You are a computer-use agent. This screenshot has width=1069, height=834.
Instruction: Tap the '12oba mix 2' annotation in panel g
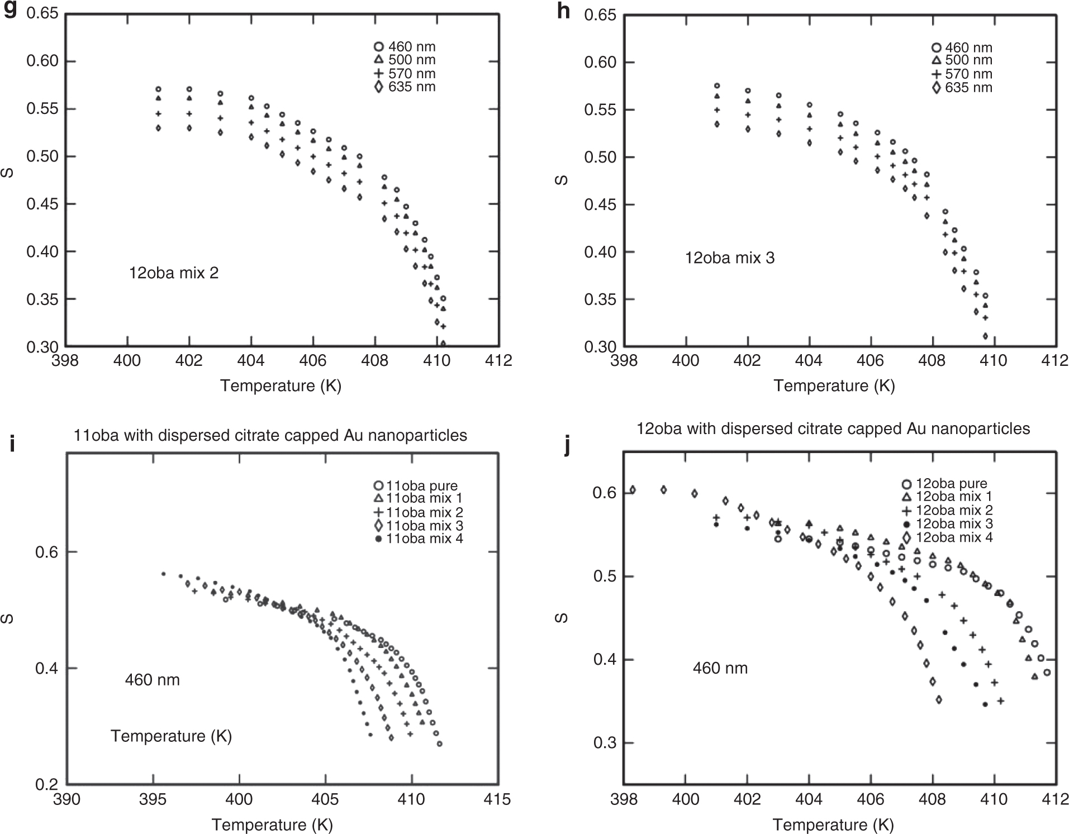click(174, 273)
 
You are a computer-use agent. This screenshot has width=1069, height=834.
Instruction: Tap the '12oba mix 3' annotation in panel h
click(730, 258)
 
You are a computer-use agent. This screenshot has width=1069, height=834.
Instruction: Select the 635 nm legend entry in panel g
click(405, 87)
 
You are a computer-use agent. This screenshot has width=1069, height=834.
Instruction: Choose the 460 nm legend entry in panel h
click(962, 48)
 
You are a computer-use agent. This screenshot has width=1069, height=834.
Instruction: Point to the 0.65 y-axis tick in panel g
click(42, 13)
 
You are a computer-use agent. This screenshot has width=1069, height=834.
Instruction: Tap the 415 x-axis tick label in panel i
click(497, 799)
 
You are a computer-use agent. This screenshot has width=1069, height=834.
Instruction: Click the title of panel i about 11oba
click(270, 435)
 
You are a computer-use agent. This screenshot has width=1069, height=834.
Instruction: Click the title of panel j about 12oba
click(833, 428)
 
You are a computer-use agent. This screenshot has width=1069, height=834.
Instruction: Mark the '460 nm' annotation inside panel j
click(720, 668)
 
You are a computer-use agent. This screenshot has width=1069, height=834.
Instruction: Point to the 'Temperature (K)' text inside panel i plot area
click(171, 736)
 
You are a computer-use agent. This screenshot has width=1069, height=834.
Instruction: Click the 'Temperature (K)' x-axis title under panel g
click(281, 385)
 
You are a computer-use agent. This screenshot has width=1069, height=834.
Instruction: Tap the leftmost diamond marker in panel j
click(633, 490)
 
